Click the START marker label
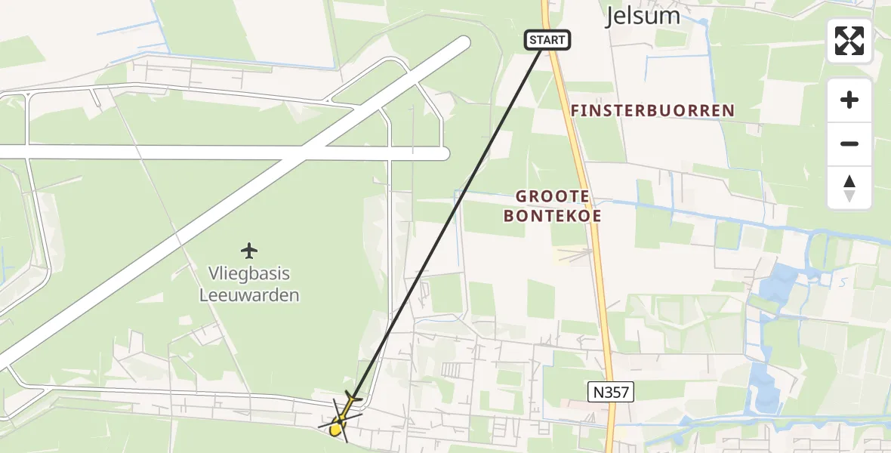pos(547,40)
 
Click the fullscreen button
pos(849,41)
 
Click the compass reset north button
pos(849,188)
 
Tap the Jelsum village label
pos(643,16)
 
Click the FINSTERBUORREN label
pos(652,111)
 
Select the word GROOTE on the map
pos(552,196)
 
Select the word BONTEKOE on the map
pos(552,216)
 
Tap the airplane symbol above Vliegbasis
pos(248,250)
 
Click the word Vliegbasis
pos(249,274)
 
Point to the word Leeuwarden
pos(249,295)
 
